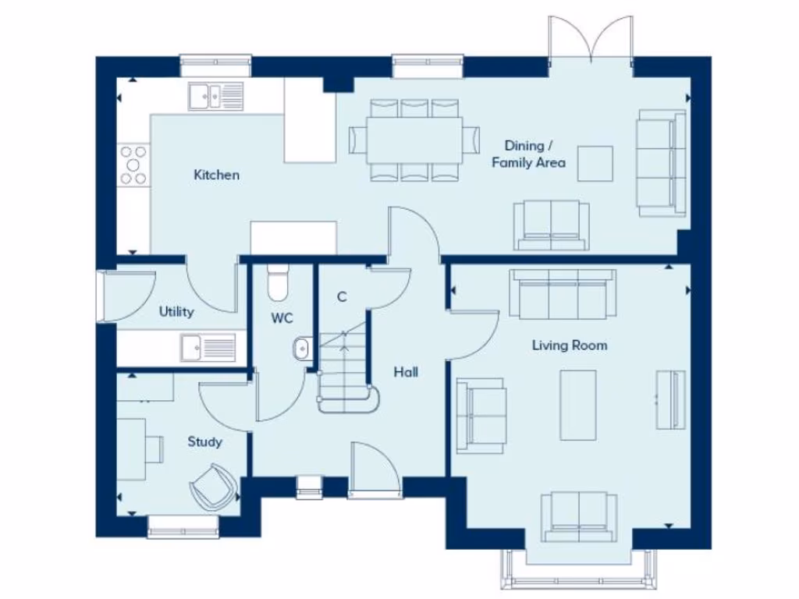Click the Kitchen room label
(x=216, y=175)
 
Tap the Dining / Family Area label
(x=529, y=154)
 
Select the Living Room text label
(x=570, y=345)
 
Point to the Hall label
(x=405, y=372)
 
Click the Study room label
(x=204, y=441)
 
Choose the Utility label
(x=176, y=312)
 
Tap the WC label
(x=282, y=318)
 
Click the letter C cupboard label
(x=341, y=296)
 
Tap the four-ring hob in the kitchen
(x=133, y=165)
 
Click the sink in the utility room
(x=208, y=346)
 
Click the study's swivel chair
(x=211, y=487)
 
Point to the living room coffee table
(x=578, y=405)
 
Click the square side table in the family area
(x=595, y=163)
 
